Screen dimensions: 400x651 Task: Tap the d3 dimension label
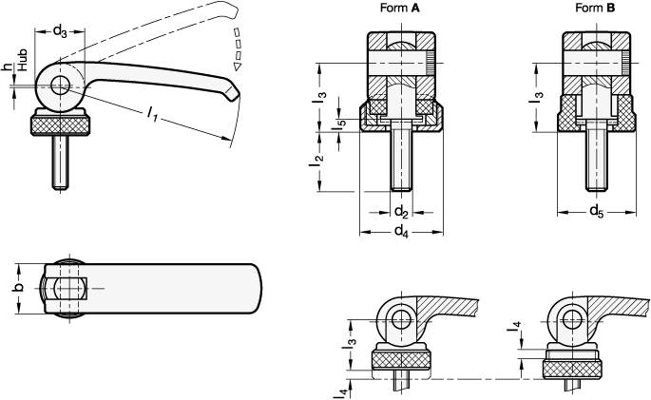(58, 33)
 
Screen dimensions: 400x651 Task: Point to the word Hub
(20, 82)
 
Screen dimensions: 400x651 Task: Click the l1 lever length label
(152, 114)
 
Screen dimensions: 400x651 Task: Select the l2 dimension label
(318, 160)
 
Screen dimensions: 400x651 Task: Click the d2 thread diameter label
(401, 211)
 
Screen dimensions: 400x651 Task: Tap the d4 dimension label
(401, 230)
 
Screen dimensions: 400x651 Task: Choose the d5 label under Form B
(595, 211)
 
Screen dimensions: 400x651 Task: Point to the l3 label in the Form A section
(321, 98)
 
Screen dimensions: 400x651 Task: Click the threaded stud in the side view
(58, 161)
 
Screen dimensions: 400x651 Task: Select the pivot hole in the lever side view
(59, 85)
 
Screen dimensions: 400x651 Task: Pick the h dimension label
(8, 66)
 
